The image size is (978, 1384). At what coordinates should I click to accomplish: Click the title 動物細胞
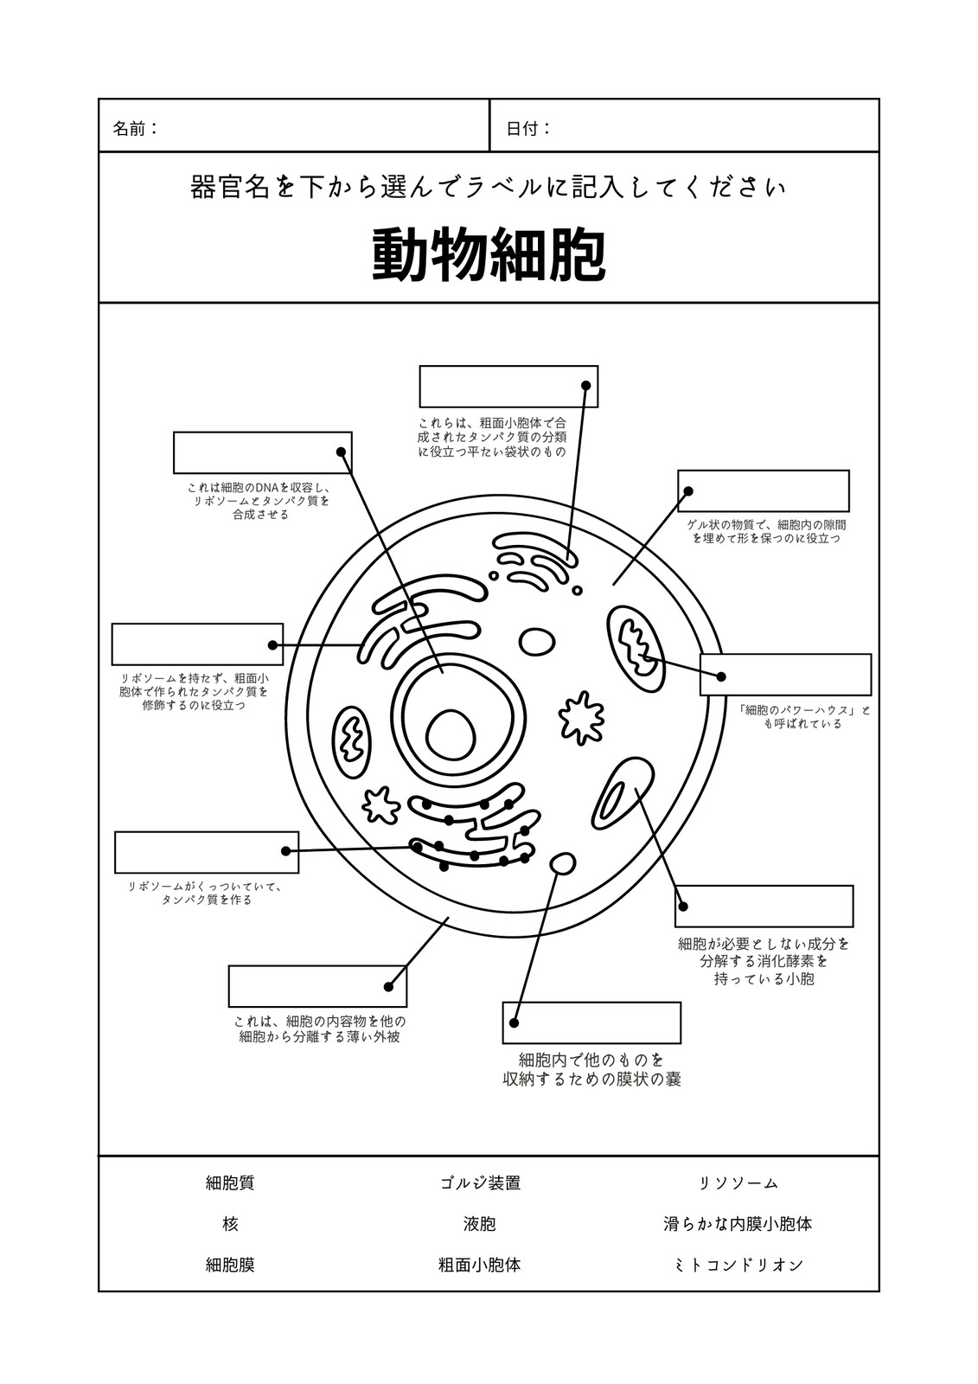click(488, 256)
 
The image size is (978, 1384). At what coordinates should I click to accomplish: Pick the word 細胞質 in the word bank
click(230, 1183)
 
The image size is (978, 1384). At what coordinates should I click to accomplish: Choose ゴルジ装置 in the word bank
click(480, 1183)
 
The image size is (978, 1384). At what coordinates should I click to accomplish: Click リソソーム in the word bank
click(738, 1183)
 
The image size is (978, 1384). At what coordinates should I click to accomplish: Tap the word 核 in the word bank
click(230, 1224)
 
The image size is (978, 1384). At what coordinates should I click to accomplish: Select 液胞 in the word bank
click(479, 1224)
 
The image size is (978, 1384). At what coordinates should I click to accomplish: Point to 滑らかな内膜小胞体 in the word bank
click(738, 1224)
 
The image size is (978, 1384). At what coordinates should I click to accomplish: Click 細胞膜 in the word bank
click(230, 1265)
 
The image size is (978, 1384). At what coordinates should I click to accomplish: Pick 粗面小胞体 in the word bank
click(479, 1265)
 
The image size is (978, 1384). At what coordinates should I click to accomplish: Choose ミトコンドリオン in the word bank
click(738, 1265)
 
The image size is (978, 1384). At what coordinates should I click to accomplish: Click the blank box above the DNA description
click(263, 453)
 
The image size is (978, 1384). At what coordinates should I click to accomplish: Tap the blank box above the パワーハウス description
click(785, 674)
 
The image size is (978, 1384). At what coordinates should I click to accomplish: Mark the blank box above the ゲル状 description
click(763, 490)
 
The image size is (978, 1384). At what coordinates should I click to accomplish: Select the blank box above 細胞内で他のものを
click(591, 1022)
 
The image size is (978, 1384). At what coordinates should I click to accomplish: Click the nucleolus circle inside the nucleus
click(451, 736)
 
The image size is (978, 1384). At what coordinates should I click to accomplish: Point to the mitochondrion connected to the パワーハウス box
click(636, 649)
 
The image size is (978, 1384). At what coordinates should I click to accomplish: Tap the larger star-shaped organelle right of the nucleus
click(581, 717)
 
